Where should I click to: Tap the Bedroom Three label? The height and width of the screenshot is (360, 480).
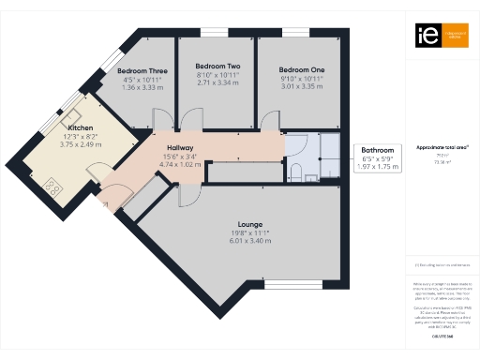142,70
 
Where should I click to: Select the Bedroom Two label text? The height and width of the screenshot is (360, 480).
217,67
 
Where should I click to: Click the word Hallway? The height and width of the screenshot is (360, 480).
180,148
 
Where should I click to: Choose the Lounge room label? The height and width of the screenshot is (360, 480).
249,223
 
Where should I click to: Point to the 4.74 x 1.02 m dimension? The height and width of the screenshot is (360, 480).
180,165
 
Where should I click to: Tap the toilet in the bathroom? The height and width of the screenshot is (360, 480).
294,171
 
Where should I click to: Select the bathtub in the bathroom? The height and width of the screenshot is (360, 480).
331,155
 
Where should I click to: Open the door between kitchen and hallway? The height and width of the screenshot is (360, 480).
97,174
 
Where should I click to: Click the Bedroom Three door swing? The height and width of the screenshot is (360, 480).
160,119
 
